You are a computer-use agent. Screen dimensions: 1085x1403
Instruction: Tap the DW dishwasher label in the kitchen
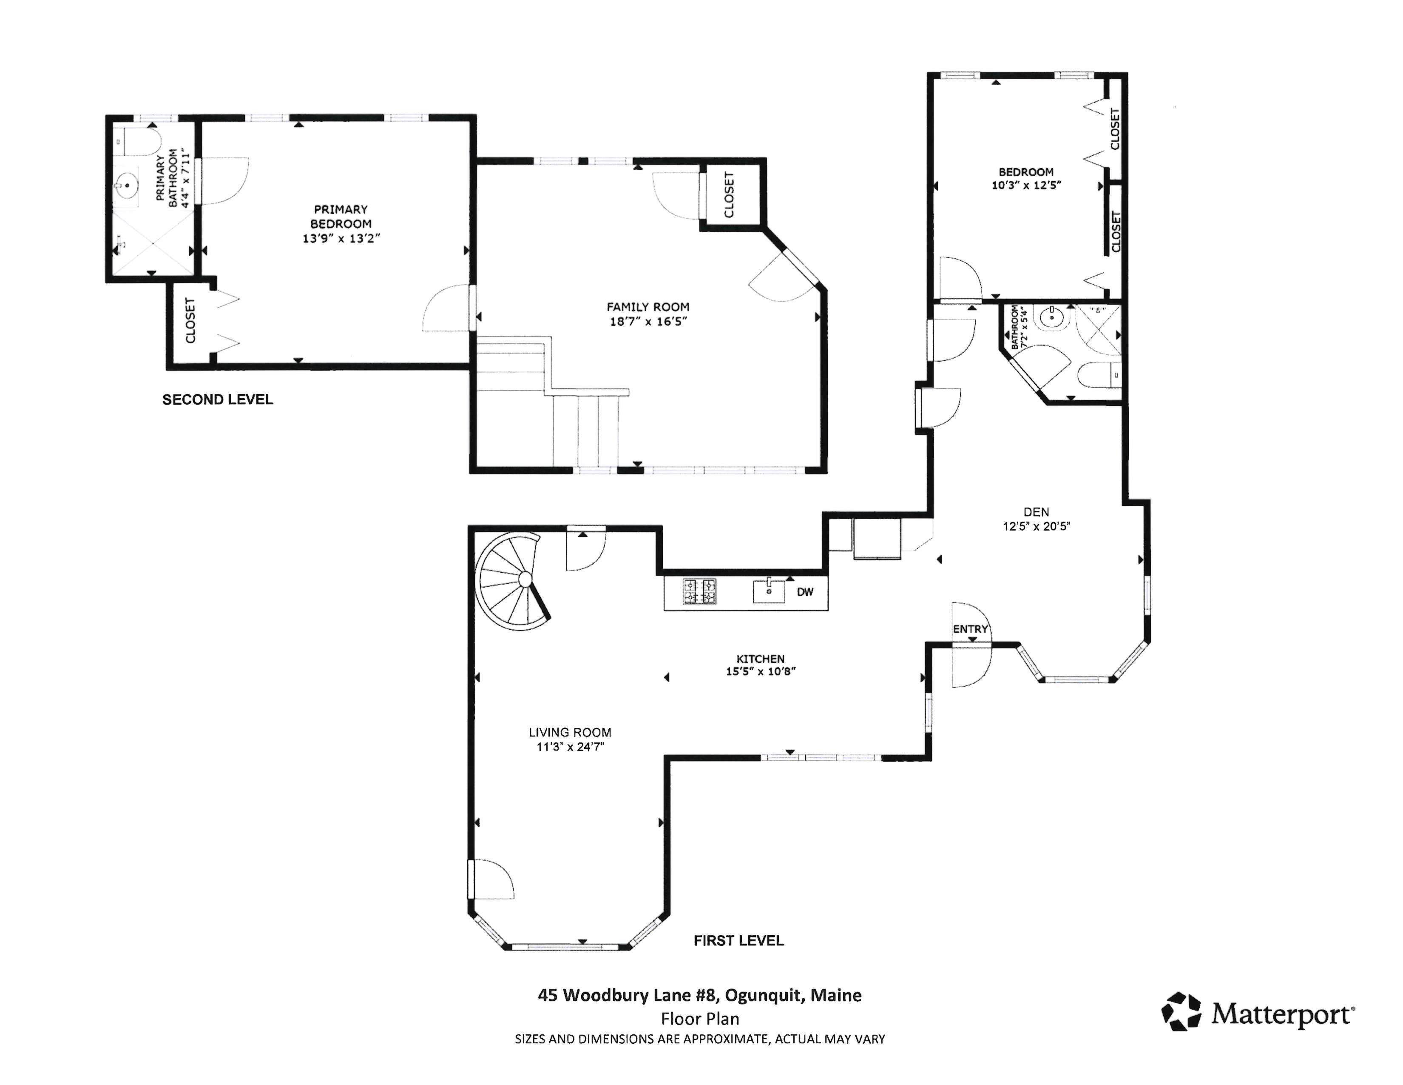point(805,591)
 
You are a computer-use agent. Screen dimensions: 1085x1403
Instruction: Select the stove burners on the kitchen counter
point(699,591)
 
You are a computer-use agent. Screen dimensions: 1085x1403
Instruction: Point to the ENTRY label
point(970,629)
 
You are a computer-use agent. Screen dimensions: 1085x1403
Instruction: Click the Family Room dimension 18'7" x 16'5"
point(648,321)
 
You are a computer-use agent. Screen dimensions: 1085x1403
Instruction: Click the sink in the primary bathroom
point(128,186)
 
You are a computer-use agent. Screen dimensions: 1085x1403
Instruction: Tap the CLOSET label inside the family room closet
point(729,195)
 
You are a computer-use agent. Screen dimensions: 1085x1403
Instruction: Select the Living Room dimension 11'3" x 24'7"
point(570,746)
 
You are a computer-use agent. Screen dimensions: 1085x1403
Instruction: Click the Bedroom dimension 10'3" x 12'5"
point(1026,185)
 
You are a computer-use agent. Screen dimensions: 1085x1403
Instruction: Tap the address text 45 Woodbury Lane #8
point(626,995)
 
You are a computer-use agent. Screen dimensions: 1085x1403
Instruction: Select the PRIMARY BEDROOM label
point(341,217)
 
